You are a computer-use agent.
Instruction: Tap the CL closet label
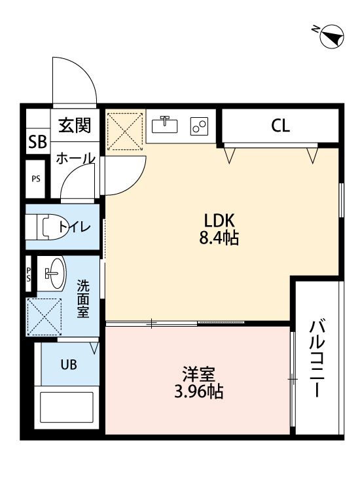(281, 126)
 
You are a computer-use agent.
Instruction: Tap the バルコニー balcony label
(317, 359)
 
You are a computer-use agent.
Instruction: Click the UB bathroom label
(69, 365)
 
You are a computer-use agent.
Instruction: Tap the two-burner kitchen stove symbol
(199, 126)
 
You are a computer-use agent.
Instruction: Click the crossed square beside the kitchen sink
(124, 131)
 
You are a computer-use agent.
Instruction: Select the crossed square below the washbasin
(45, 316)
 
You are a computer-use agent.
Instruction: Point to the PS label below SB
(36, 179)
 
